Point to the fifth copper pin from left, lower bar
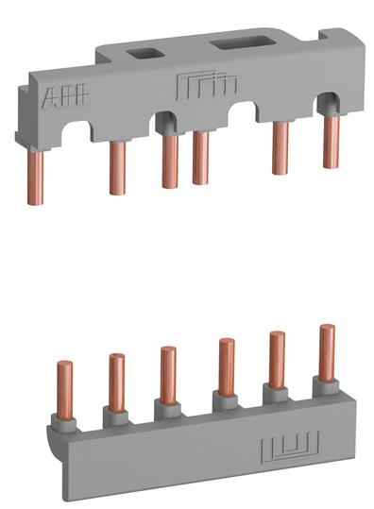pyautogui.click(x=278, y=357)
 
